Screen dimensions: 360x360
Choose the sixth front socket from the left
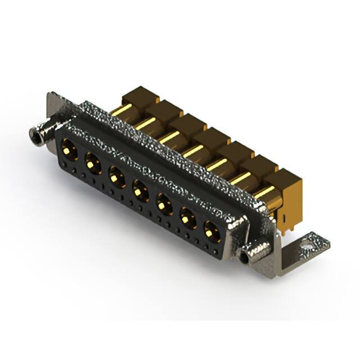coord(188,219)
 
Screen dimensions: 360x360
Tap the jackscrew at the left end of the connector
coord(37,135)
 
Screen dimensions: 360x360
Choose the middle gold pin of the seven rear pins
coord(193,150)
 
